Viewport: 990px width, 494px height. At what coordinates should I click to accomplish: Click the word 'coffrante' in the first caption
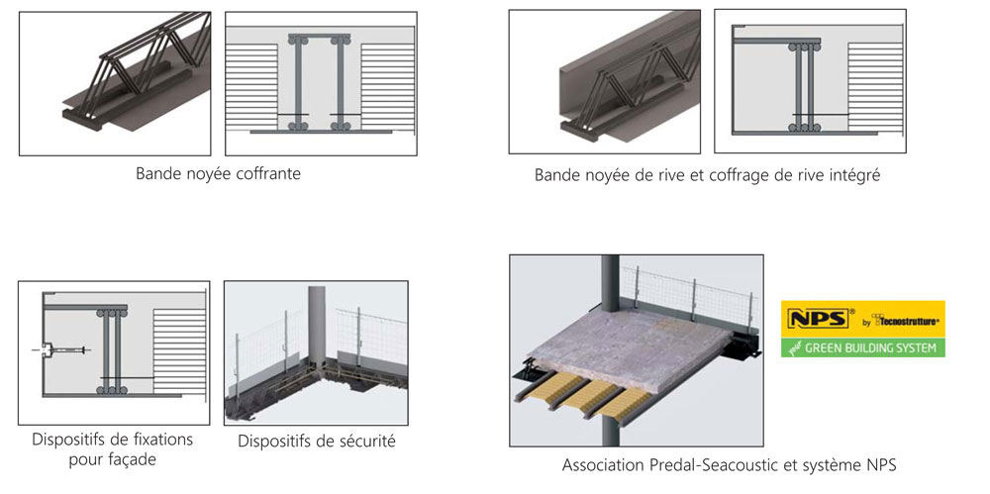coord(268,174)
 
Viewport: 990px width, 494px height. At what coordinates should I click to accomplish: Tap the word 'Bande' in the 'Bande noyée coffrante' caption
coord(157,174)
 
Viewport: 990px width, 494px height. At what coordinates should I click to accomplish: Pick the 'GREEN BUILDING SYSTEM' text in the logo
coord(871,347)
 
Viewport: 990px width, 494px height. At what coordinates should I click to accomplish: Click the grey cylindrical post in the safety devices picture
coord(316,327)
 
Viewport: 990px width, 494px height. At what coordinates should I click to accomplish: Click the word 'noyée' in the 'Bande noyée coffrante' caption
coord(210,174)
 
